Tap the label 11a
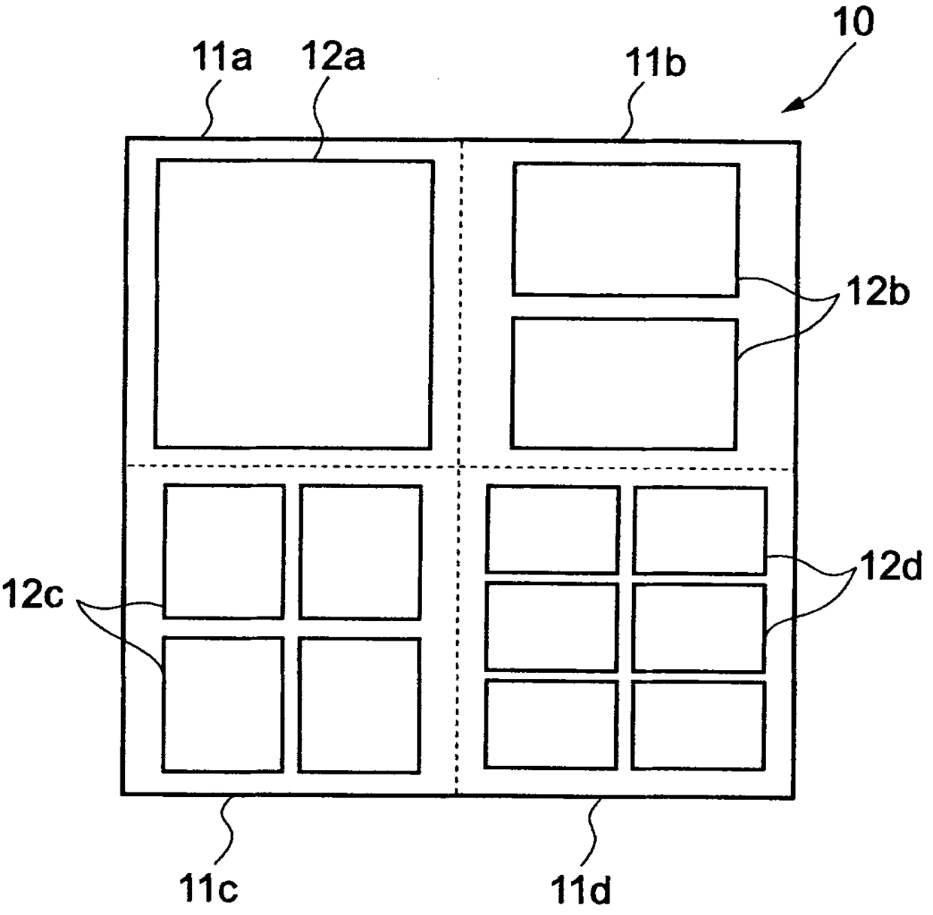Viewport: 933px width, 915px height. pyautogui.click(x=223, y=59)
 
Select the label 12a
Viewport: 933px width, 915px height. pyautogui.click(x=333, y=56)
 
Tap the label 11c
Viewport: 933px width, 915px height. pyautogui.click(x=208, y=889)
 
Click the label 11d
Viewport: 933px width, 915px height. pyautogui.click(x=581, y=891)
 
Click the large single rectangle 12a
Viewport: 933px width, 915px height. pyautogui.click(x=293, y=304)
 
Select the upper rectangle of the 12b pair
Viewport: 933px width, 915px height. pyautogui.click(x=625, y=229)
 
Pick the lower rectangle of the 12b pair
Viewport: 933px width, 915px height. pyautogui.click(x=624, y=384)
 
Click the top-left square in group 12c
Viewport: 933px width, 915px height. pyautogui.click(x=223, y=551)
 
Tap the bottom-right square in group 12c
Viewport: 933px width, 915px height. pyautogui.click(x=359, y=704)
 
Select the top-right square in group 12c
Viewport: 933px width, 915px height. pyautogui.click(x=360, y=552)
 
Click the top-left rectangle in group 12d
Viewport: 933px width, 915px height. pyautogui.click(x=552, y=529)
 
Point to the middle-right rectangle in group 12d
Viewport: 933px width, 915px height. pyautogui.click(x=699, y=627)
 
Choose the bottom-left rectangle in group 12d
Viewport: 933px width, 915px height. pyautogui.click(x=552, y=723)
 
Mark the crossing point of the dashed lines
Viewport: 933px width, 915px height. pyautogui.click(x=459, y=467)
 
